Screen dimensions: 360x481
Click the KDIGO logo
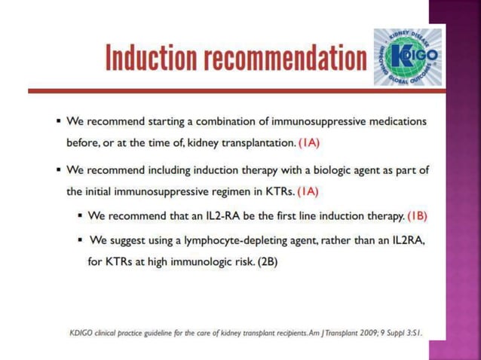tap(408, 59)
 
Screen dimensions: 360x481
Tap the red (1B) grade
tap(418, 215)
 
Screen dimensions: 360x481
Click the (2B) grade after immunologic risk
tap(265, 264)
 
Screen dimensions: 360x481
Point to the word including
tap(170, 170)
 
